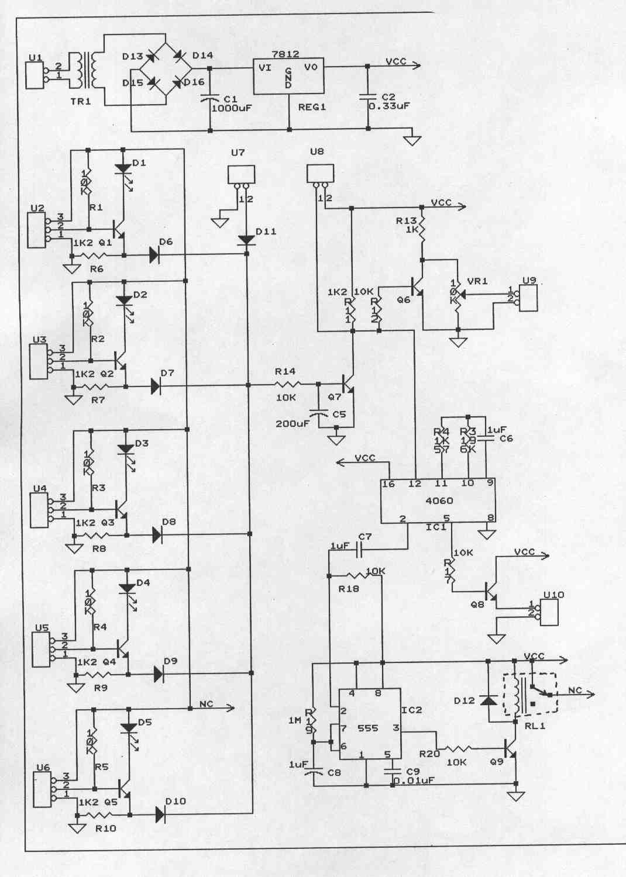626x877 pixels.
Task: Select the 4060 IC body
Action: [438, 501]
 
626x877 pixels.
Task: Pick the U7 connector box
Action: [242, 174]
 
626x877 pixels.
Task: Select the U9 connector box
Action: [529, 298]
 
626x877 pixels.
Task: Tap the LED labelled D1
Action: [122, 168]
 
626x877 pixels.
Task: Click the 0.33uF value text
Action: [389, 107]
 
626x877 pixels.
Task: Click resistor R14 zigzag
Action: [287, 384]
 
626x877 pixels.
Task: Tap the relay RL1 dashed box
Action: [530, 695]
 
